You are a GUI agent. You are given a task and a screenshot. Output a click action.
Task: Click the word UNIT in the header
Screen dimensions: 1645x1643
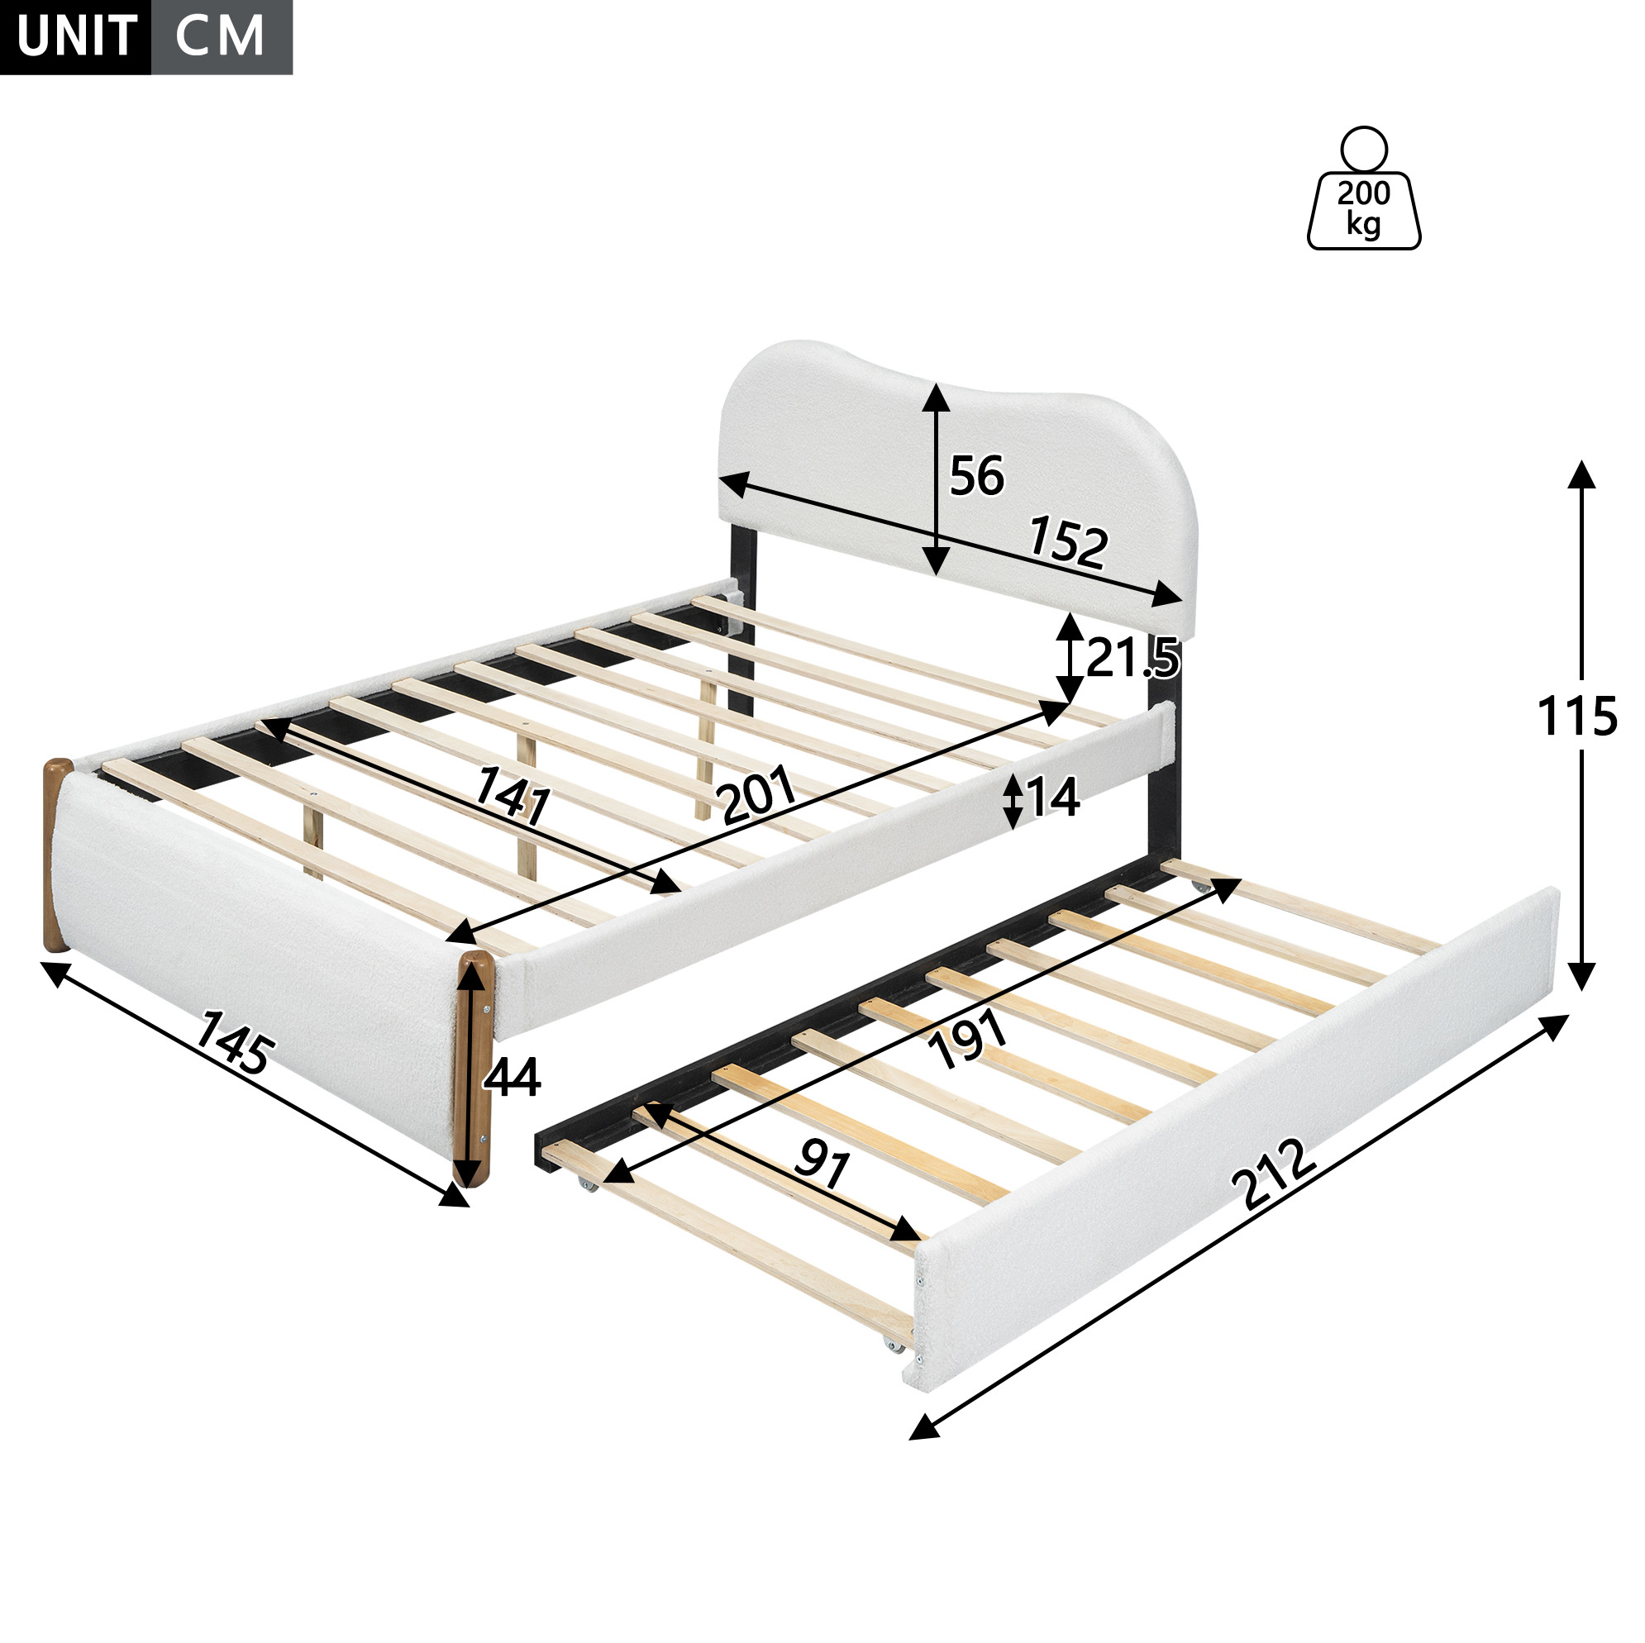point(77,36)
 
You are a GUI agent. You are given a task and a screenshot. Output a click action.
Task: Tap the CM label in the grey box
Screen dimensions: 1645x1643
point(220,36)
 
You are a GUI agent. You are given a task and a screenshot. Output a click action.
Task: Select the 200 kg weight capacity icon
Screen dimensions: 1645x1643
point(1363,188)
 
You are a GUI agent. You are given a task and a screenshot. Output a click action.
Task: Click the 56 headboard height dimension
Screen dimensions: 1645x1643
point(976,476)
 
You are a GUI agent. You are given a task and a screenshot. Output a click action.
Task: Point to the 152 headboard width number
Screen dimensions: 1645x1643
point(1069,542)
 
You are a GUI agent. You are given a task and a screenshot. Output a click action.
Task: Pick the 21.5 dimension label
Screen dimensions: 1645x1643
point(1132,657)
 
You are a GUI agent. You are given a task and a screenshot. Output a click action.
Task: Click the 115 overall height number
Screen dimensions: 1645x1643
point(1577,716)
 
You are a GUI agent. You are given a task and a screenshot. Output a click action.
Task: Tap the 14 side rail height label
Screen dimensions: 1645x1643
point(1053,798)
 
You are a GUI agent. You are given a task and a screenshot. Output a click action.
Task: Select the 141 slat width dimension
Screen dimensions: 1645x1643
point(513,795)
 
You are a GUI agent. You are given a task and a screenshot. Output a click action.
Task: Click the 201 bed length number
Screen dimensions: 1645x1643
point(757,794)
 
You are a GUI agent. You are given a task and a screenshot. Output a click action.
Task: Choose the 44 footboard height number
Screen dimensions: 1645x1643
point(511,1077)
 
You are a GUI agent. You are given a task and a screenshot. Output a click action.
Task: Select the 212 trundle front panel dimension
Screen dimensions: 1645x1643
point(1274,1174)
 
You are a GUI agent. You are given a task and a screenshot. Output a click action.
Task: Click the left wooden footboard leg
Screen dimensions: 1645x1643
point(57,854)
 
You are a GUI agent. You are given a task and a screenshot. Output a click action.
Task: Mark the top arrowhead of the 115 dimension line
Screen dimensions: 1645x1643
point(1581,474)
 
